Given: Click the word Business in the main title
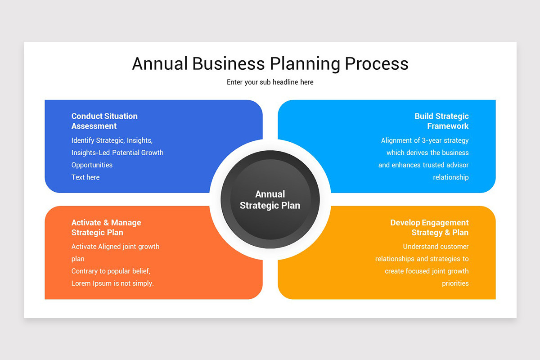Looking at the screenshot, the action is point(229,63).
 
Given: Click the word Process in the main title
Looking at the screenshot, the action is point(377,63).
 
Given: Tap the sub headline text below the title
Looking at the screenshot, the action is point(270,82).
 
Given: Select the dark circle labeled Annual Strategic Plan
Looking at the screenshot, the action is point(270,199).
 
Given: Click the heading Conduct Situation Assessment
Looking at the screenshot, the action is point(104,121).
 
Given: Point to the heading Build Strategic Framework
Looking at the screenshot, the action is point(441,121).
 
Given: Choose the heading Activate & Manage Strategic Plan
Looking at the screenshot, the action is point(106,227).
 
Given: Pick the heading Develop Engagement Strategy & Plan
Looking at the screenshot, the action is point(429,227).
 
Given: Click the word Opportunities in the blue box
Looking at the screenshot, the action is point(92,165).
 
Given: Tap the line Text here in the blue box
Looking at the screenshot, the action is point(85,177).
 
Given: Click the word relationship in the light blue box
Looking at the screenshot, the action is point(451,177).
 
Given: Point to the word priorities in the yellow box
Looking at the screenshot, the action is point(455,283).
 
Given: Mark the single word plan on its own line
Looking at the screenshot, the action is point(78,259).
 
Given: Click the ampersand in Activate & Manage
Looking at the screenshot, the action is point(106,223).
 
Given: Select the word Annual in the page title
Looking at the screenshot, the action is point(160,63).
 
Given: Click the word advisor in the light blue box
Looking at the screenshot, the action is point(458,165).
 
